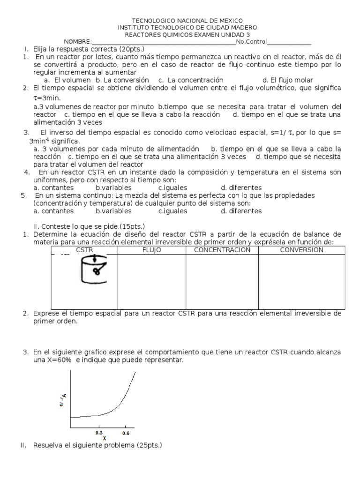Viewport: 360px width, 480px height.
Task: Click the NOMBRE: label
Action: tap(78, 42)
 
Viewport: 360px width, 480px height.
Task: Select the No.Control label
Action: tap(251, 42)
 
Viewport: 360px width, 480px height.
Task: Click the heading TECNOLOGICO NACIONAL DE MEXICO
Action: tap(187, 21)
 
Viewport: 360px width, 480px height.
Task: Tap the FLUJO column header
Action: tap(151, 250)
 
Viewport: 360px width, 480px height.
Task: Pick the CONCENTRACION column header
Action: tap(222, 250)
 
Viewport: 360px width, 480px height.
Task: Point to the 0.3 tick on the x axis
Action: tap(99, 433)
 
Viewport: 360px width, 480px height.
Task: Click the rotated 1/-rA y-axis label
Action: tap(63, 400)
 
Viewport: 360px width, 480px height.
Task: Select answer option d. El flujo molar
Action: tap(287, 80)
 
